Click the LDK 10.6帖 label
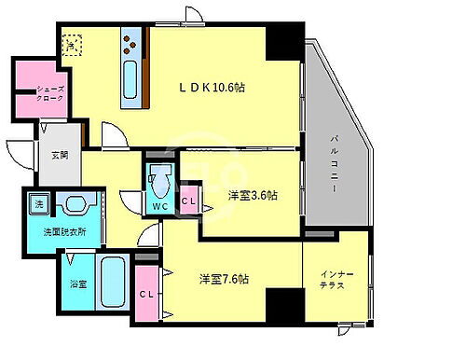pyautogui.click(x=213, y=89)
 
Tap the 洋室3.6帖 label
pyautogui.click(x=253, y=196)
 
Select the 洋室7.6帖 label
pyautogui.click(x=229, y=279)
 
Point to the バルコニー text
pyautogui.click(x=334, y=164)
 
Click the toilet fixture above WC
pyautogui.click(x=160, y=178)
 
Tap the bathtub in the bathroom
pyautogui.click(x=112, y=280)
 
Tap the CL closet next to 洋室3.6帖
pyautogui.click(x=189, y=199)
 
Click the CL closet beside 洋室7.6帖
pyautogui.click(x=147, y=294)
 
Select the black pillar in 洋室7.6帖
pyautogui.click(x=283, y=304)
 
